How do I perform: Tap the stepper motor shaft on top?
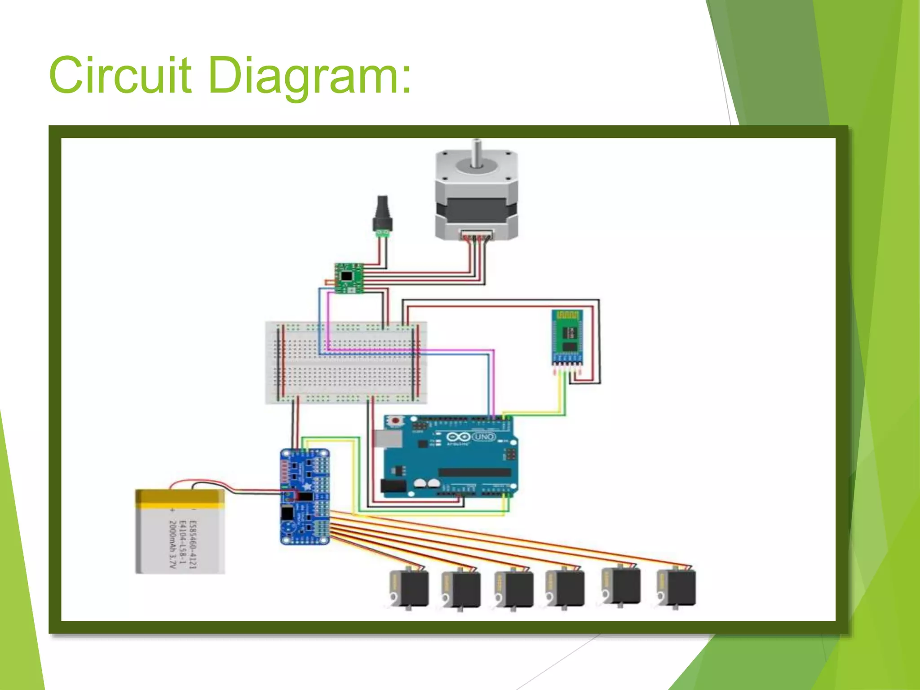coord(476,153)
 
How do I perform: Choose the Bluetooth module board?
coord(567,337)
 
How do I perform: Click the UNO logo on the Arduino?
coord(484,437)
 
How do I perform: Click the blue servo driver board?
coord(305,497)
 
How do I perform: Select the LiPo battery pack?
coord(180,532)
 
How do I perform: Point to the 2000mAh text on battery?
coord(172,544)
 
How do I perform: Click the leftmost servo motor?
coord(409,588)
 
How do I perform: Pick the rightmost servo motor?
coord(676,588)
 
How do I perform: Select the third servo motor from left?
coord(514,588)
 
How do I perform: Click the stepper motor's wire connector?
coord(476,234)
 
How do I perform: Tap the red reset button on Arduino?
coord(396,421)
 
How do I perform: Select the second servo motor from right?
coord(621,586)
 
